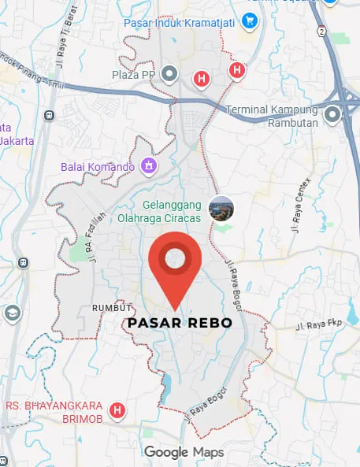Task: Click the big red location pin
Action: (174, 264)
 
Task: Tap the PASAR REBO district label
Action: (180, 324)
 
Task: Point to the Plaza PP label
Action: (133, 76)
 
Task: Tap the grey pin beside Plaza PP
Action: (169, 76)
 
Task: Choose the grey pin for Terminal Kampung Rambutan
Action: (332, 116)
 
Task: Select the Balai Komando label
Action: (98, 166)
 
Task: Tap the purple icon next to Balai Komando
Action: (147, 165)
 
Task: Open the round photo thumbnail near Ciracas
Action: (221, 208)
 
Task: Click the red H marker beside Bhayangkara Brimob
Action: (117, 410)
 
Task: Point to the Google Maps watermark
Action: (184, 452)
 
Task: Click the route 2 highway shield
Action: (321, 31)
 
